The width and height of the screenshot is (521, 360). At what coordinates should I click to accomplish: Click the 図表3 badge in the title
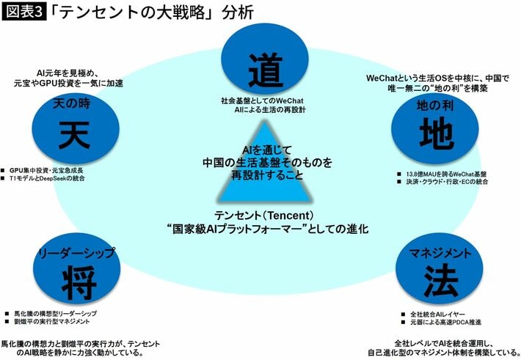(25, 12)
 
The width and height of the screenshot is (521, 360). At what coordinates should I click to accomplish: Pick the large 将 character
(79, 277)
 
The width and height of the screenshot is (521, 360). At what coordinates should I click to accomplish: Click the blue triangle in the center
(261, 187)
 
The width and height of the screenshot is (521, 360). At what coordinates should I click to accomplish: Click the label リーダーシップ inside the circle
(79, 252)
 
